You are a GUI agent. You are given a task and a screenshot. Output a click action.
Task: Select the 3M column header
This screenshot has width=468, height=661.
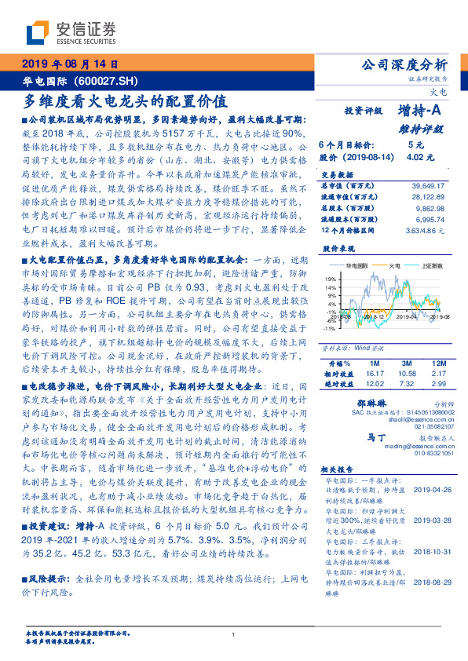point(405,363)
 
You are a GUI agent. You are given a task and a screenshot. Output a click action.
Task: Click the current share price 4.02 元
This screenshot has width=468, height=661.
point(415,157)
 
